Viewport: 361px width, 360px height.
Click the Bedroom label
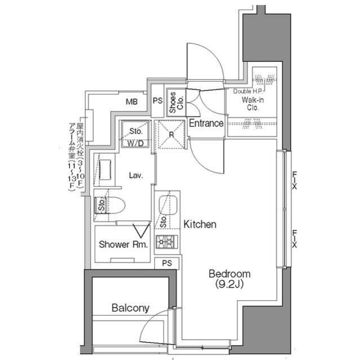pyautogui.click(x=229, y=274)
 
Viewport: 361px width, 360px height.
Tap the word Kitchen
pyautogui.click(x=200, y=224)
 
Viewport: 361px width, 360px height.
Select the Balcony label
pyautogui.click(x=130, y=308)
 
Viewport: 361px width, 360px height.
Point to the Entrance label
pyautogui.click(x=206, y=123)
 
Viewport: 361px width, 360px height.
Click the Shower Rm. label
pyautogui.click(x=124, y=245)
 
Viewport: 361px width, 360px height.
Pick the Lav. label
pyautogui.click(x=135, y=175)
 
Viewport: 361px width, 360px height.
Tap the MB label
pyautogui.click(x=132, y=102)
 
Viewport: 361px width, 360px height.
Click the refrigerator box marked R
pyautogui.click(x=170, y=135)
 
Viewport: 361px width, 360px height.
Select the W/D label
pyautogui.click(x=135, y=143)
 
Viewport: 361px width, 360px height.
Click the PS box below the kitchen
pyautogui.click(x=168, y=263)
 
